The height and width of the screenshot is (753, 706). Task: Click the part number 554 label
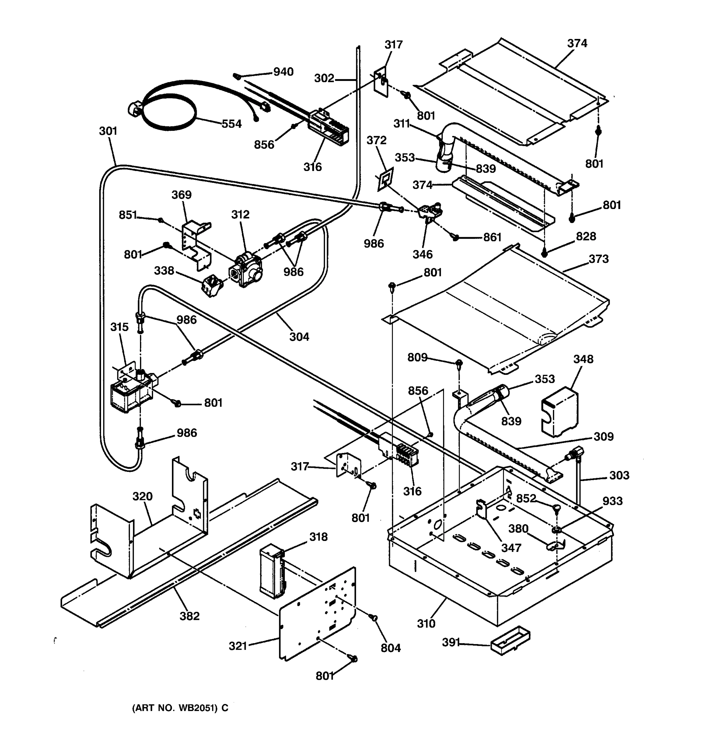[232, 124]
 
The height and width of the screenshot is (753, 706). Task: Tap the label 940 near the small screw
[283, 72]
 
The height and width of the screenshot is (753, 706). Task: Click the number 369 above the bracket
[181, 195]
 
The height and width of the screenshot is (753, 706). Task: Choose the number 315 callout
[119, 327]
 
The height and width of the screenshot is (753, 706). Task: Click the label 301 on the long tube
[108, 131]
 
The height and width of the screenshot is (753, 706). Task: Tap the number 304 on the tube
[299, 336]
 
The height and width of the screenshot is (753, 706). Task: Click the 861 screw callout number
[492, 238]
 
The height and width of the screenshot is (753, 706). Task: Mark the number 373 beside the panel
[598, 259]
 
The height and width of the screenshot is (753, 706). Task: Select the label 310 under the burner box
[426, 623]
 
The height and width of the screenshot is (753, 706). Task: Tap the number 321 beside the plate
[238, 645]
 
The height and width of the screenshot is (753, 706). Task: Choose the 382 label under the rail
[190, 616]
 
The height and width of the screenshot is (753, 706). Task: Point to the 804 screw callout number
[391, 648]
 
